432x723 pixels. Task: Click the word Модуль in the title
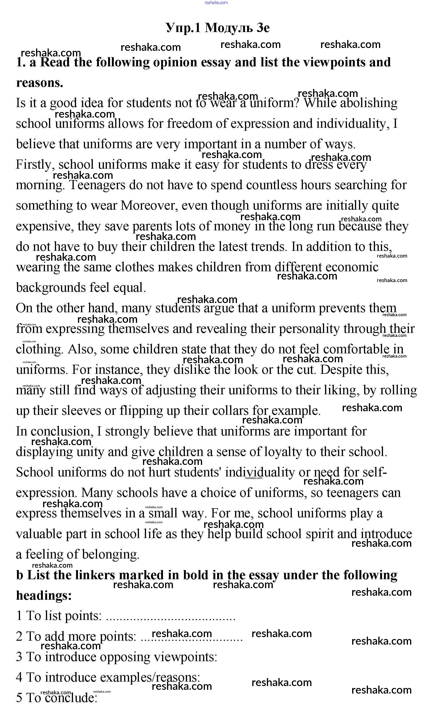[x=229, y=28]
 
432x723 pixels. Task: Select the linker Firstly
[x=35, y=165]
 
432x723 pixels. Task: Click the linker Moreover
[x=149, y=206]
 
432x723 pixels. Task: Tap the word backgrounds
[x=51, y=288]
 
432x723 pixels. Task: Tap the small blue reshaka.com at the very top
[x=216, y=3]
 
